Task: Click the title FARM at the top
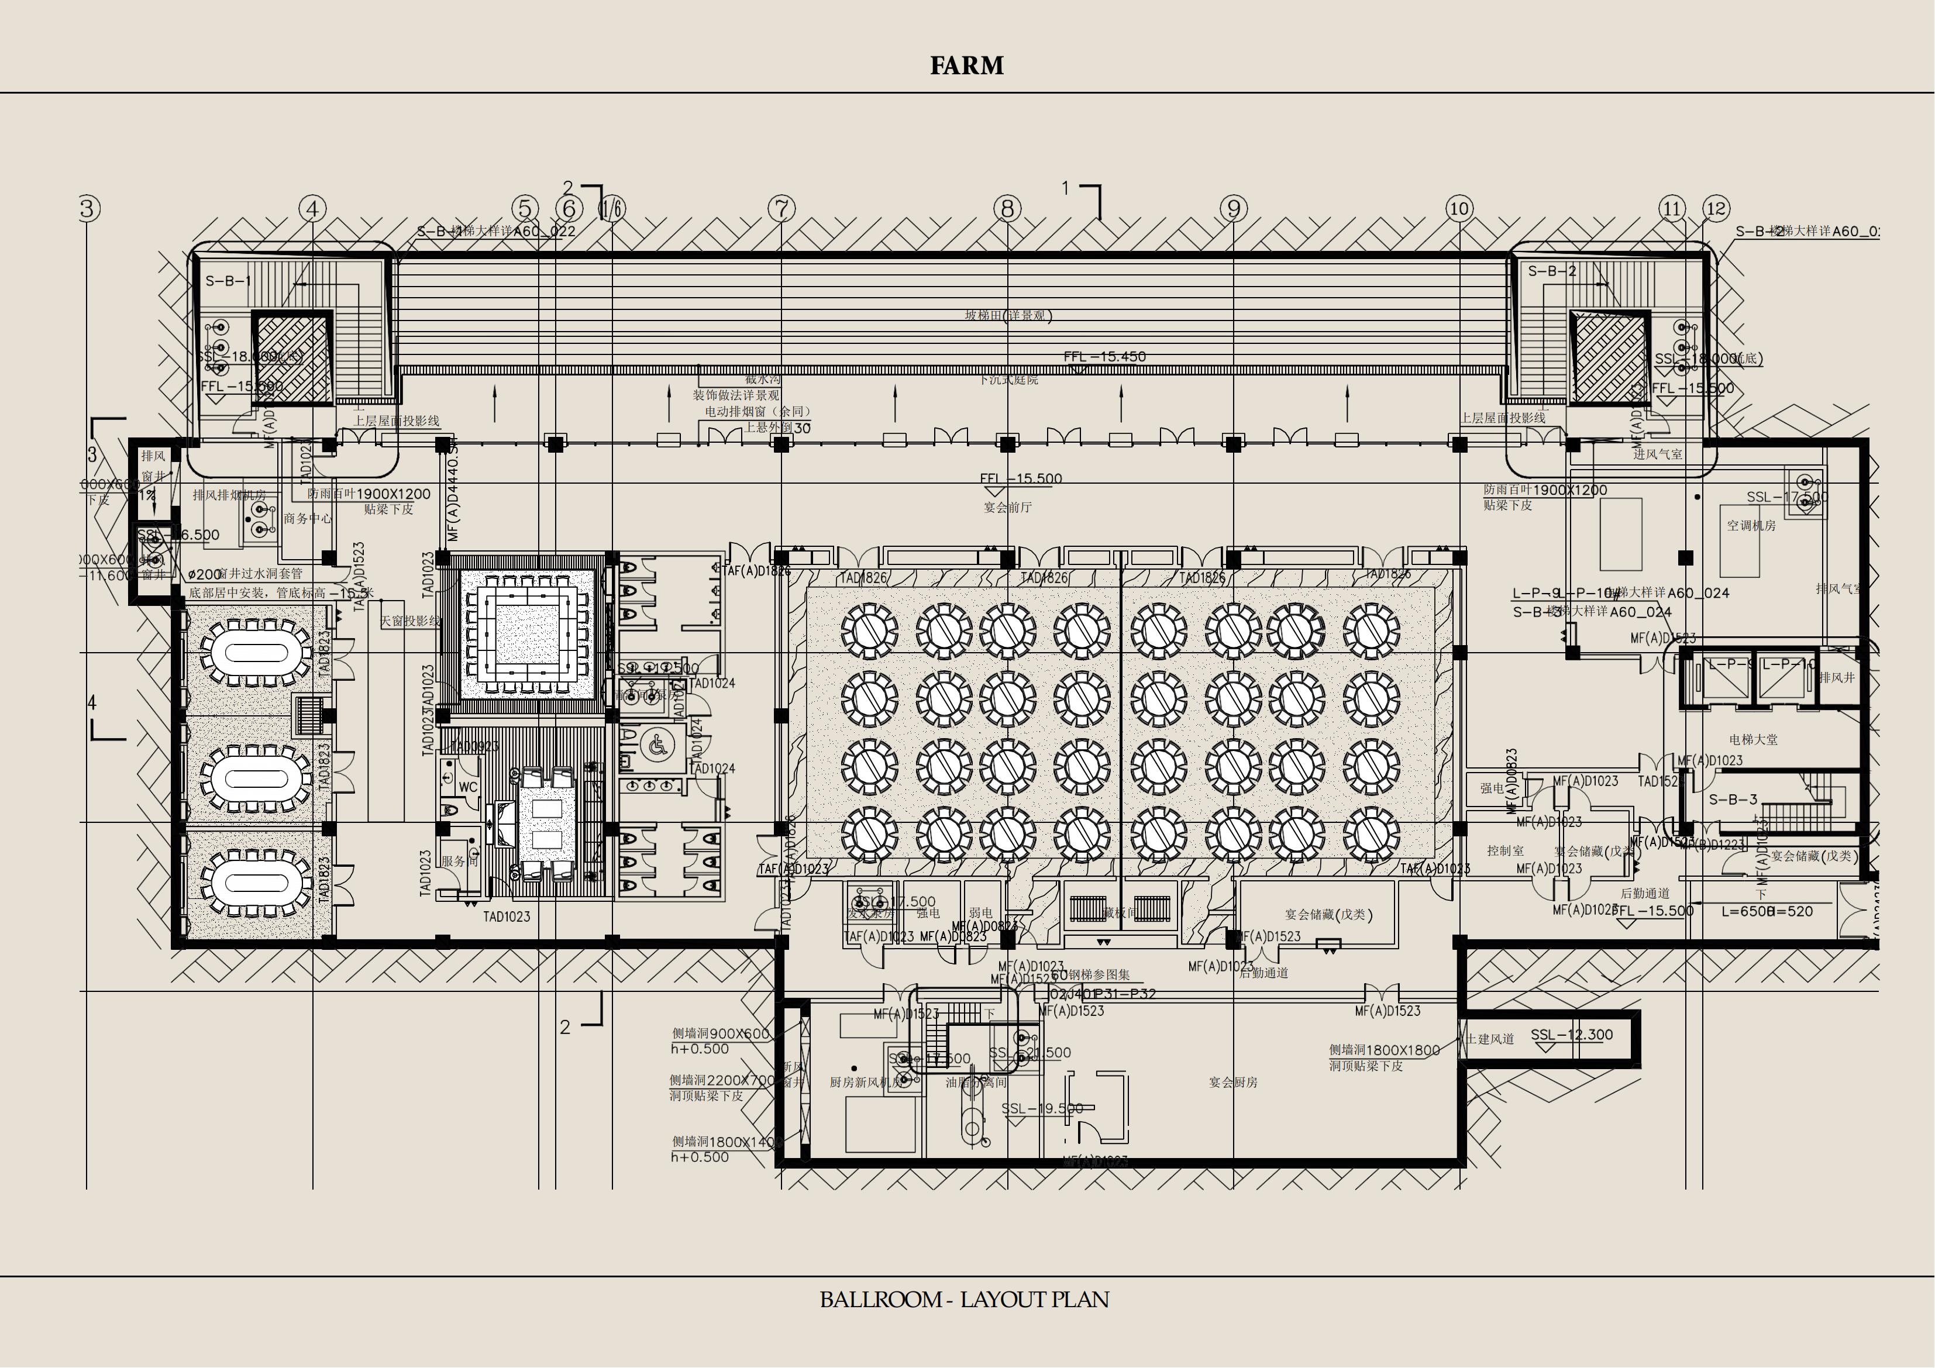pos(967,66)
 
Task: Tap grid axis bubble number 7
pos(781,208)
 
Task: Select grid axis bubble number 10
pos(1459,208)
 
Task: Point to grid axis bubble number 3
pos(88,208)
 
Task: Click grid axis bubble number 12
pos(1716,208)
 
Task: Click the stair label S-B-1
pos(228,281)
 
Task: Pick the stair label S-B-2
pos(1551,271)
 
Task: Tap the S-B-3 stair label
pos(1733,799)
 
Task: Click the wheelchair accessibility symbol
pos(656,745)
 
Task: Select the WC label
pos(468,787)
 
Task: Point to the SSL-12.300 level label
pos(1571,1035)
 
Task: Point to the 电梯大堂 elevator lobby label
pos(1753,739)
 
